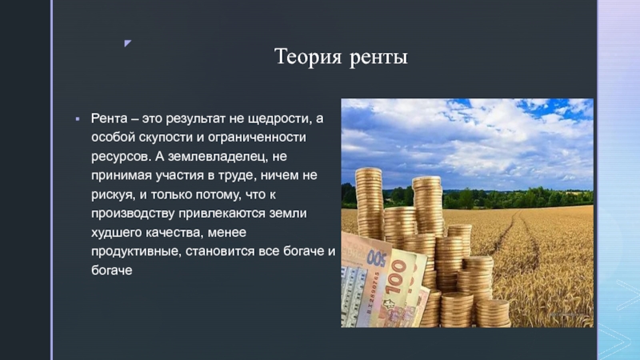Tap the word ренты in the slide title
coord(378,58)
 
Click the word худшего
coord(115,233)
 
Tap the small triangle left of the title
coord(129,42)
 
